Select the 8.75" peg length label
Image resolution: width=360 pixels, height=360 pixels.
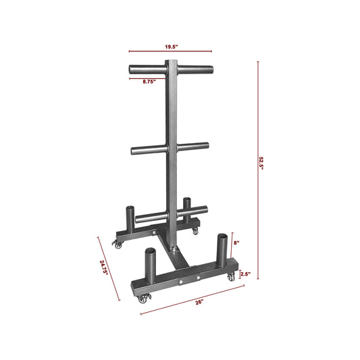pos(149,82)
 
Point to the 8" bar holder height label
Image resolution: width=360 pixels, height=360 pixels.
pos(236,242)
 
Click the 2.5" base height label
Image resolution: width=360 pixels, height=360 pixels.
pos(245,274)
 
